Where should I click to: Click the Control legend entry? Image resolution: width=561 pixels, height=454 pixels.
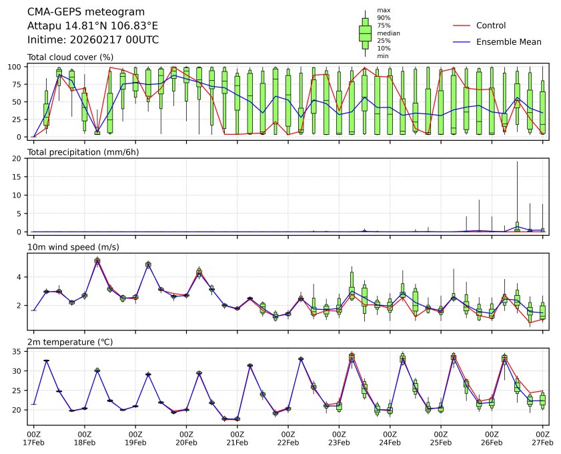[x=491, y=25]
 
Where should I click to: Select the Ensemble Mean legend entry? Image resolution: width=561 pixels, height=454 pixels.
[x=508, y=41]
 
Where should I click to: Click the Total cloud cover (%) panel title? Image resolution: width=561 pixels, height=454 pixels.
[x=70, y=57]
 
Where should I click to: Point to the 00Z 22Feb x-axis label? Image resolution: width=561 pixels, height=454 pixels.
[x=288, y=438]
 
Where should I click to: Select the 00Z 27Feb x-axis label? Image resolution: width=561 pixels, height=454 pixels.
[x=542, y=438]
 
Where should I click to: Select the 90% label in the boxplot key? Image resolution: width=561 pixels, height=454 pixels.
[x=384, y=17]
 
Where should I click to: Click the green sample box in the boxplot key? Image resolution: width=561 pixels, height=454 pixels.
[x=365, y=33]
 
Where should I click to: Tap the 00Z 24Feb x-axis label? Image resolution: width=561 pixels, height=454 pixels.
[x=390, y=438]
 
